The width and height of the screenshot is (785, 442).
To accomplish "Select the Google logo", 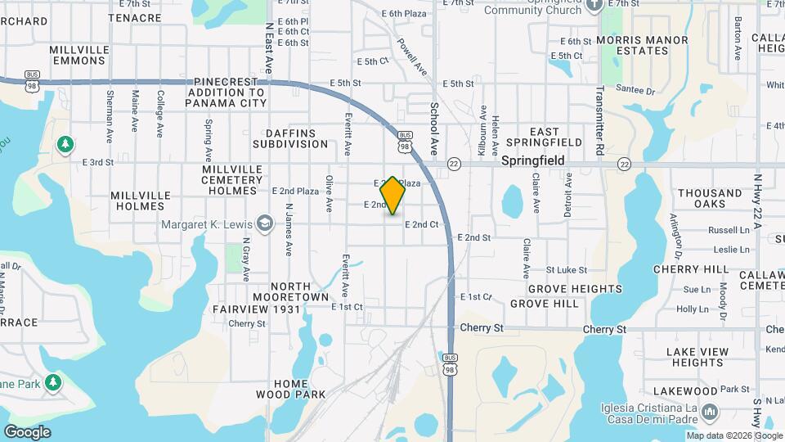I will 27,432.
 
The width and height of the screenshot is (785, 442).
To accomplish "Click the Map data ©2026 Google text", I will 734,435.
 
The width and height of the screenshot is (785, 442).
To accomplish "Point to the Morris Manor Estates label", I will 644,45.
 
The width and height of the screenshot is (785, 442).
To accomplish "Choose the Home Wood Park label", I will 291,389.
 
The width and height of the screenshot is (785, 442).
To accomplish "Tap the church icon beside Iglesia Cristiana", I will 710,411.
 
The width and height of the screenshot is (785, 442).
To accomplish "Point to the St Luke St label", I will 567,269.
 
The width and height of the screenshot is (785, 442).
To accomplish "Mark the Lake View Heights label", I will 698,357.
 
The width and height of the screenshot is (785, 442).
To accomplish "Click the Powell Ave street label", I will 412,56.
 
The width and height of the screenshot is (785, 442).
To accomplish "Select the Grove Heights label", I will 575,289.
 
